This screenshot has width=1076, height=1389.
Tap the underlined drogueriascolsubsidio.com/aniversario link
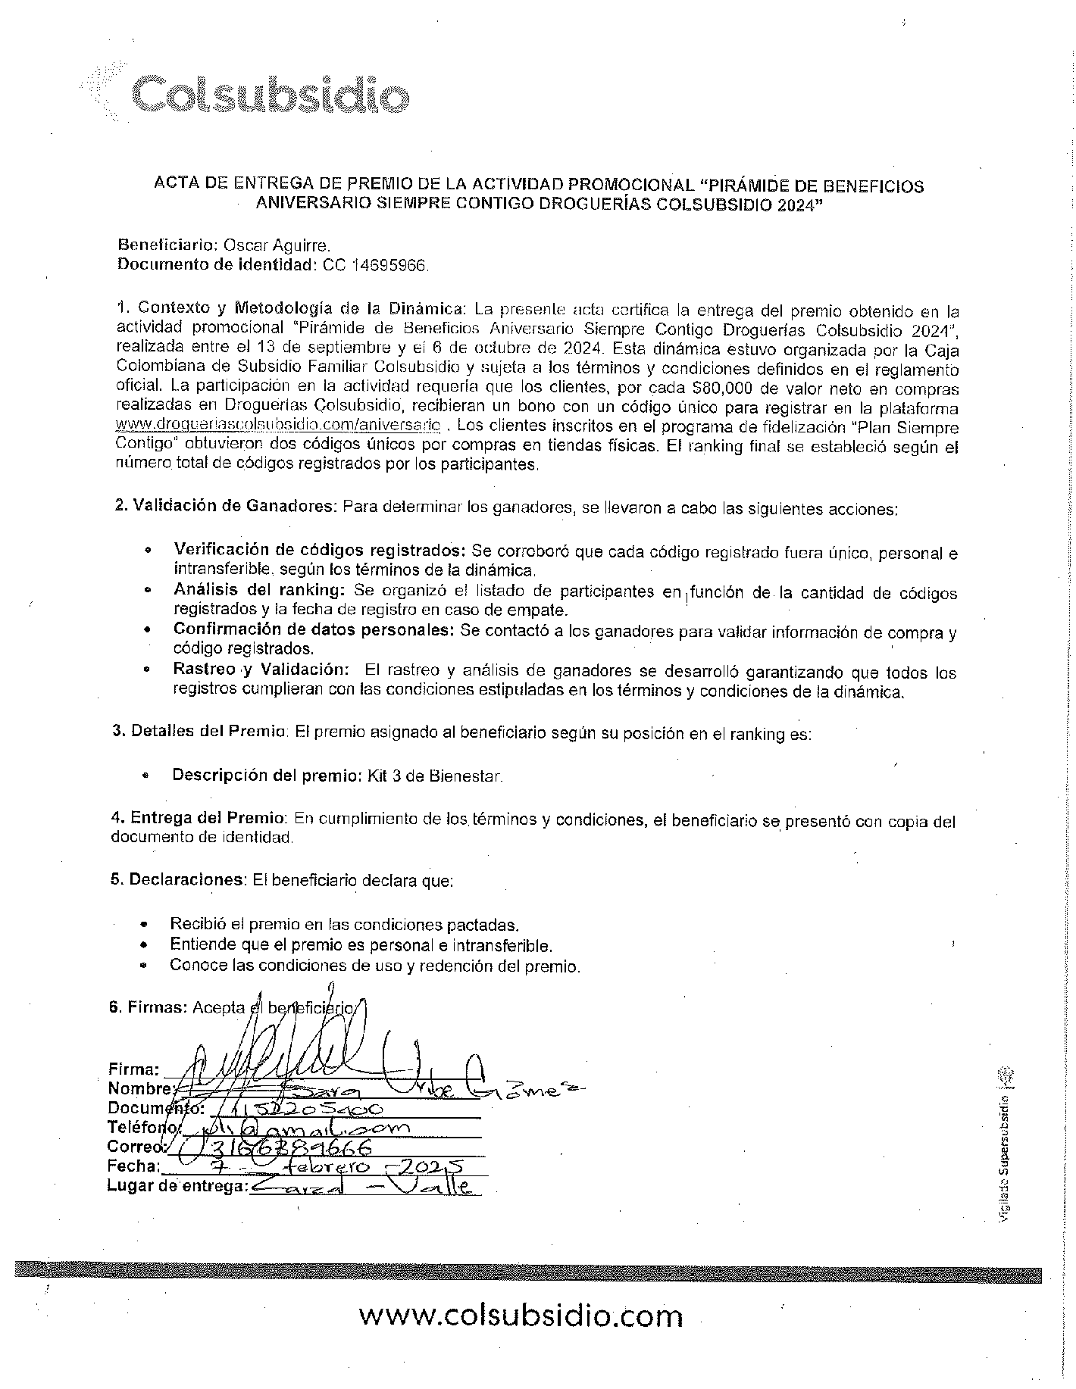(x=277, y=426)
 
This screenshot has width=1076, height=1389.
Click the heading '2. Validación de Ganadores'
(x=224, y=506)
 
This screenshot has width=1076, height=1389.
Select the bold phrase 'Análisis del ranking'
(x=259, y=590)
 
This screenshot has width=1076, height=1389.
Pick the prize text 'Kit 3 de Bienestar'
(x=434, y=776)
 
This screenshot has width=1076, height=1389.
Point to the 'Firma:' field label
(x=133, y=1069)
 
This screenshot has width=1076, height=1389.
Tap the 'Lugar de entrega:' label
(x=177, y=1186)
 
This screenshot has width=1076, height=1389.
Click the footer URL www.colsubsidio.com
(x=521, y=1315)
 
